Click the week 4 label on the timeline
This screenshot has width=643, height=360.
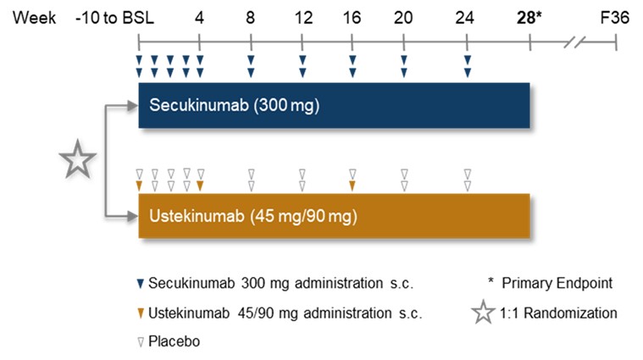click(x=200, y=16)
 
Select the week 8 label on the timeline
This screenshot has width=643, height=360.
click(x=251, y=16)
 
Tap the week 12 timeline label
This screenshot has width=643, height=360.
click(x=302, y=16)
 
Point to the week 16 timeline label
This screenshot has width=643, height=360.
click(x=352, y=16)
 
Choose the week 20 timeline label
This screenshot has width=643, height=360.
click(x=404, y=16)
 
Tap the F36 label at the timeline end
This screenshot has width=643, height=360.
click(x=615, y=16)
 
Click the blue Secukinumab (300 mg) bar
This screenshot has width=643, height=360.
click(x=334, y=106)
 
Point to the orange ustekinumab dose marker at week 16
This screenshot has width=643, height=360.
click(x=352, y=185)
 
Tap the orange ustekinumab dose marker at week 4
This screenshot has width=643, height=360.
click(x=200, y=185)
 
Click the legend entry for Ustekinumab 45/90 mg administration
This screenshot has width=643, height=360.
click(x=285, y=313)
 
